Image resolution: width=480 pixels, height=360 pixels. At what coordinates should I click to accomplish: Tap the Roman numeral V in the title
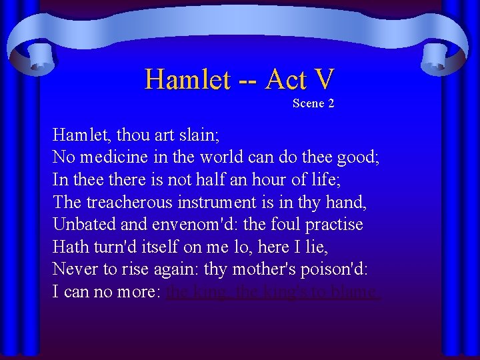coord(322,79)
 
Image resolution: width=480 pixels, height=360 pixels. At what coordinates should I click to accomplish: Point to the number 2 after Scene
coord(331,103)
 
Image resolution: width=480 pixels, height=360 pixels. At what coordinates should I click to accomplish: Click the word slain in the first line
coord(195,135)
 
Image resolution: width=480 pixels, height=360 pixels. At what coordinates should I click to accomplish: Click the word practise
coord(331,225)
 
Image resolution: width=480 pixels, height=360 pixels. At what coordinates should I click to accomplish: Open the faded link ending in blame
coord(273,292)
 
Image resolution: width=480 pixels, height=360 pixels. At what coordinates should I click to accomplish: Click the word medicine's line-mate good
coord(359,157)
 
